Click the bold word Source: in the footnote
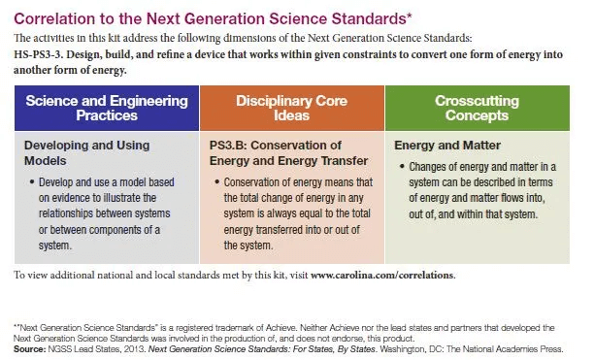29,347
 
